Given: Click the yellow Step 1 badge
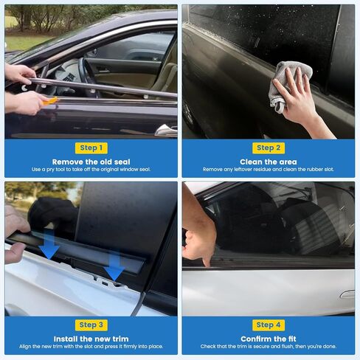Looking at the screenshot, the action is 91,148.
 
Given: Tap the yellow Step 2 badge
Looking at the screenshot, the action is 269,148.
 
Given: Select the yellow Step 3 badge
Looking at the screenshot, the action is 91,325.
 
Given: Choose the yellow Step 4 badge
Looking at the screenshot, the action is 269,325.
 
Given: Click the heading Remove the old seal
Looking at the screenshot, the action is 91,162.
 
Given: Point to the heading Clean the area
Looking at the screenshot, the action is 269,162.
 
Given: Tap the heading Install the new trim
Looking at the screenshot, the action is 91,339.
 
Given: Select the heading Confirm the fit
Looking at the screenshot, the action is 269,339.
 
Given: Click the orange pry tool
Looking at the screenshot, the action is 50,101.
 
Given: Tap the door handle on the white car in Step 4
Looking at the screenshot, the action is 347,294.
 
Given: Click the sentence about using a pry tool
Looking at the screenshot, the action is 91,170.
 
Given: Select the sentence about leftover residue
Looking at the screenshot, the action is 269,170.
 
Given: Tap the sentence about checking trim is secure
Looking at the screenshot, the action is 269,347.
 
